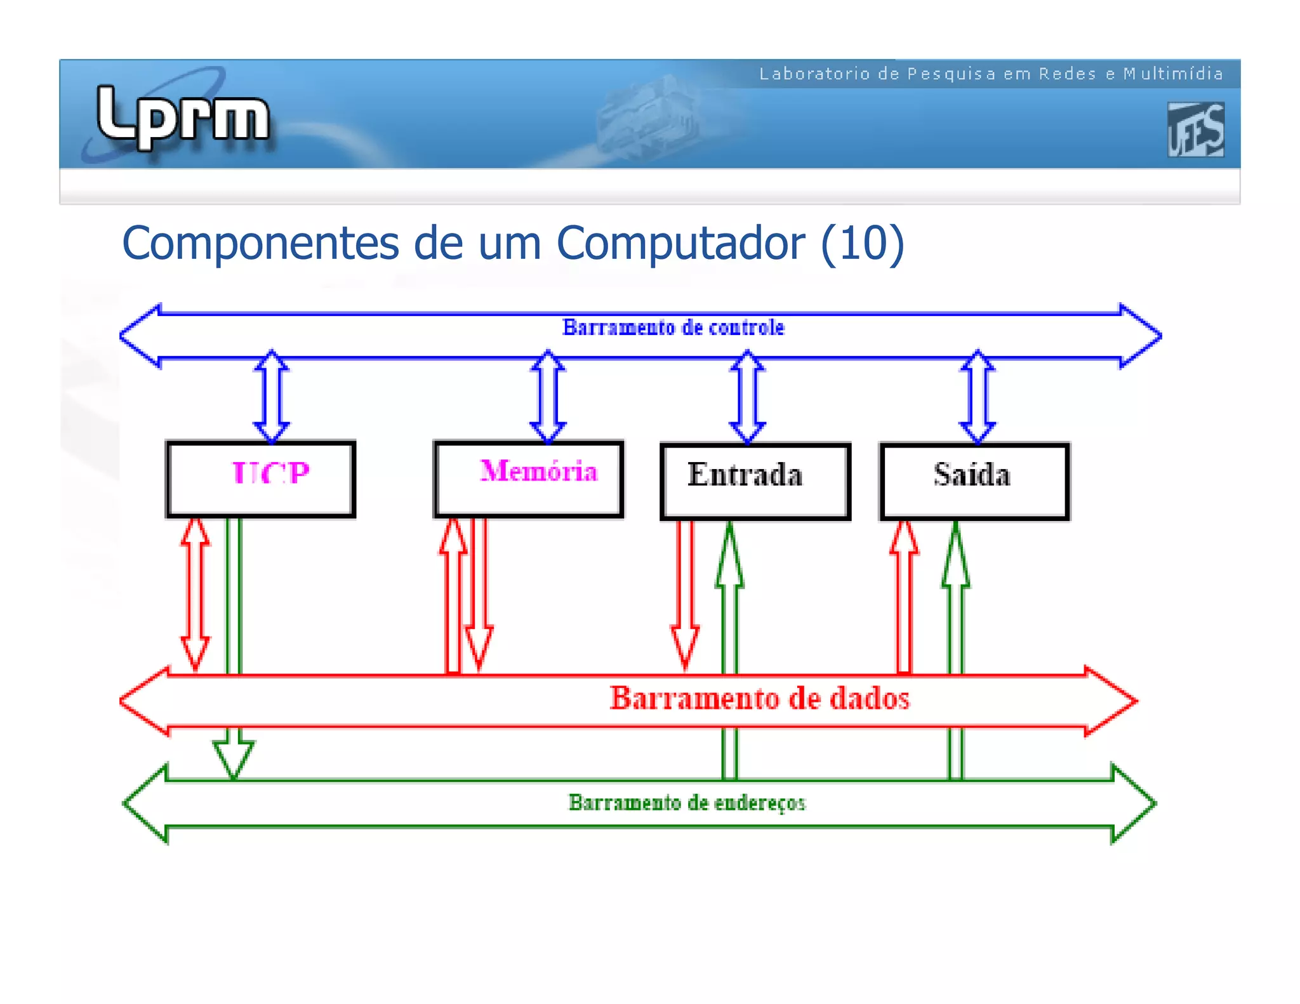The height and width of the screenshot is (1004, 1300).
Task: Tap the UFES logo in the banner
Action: pos(1195,129)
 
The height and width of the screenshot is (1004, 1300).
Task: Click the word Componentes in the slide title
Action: pos(260,243)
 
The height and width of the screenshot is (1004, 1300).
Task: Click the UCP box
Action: pos(260,479)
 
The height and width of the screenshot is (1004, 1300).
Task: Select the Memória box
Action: pos(529,479)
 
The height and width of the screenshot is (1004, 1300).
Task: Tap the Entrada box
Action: pos(755,481)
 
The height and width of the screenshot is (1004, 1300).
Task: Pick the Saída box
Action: pos(974,481)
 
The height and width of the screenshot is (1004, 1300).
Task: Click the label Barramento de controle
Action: pos(673,327)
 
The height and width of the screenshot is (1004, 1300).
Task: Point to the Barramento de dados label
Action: pos(759,698)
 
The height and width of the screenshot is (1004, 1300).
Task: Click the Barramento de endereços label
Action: pos(687,803)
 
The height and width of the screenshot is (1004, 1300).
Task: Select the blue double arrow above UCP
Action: pos(272,397)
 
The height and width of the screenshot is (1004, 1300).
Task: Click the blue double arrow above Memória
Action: pos(548,397)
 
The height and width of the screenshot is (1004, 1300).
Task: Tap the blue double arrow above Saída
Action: pos(978,397)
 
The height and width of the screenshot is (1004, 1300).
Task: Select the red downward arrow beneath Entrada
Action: pos(685,593)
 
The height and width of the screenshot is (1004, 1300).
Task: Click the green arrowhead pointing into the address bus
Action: pos(234,758)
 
